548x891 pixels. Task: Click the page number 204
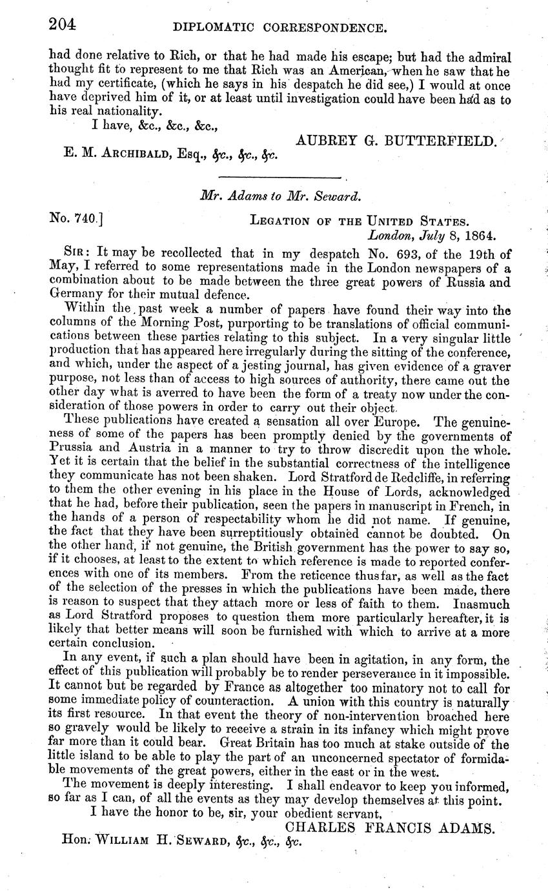(x=63, y=25)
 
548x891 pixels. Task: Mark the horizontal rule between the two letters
(x=279, y=176)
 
